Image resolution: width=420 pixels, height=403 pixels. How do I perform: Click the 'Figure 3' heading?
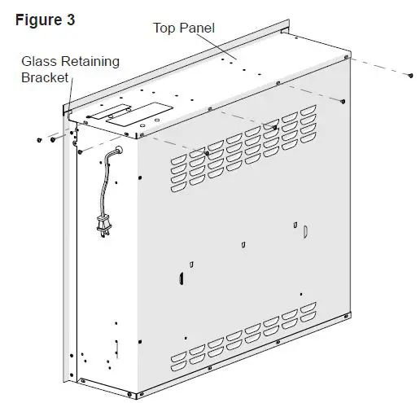46,20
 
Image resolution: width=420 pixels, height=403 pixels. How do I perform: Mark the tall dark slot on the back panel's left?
178,279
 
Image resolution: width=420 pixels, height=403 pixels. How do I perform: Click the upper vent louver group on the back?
244,142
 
